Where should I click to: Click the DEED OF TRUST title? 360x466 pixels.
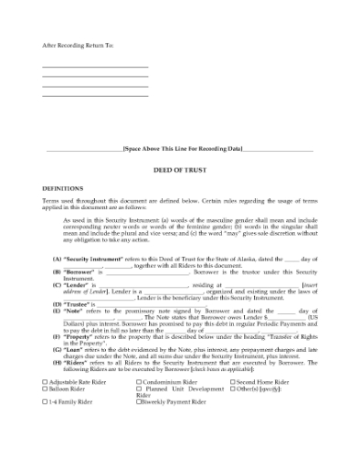180,170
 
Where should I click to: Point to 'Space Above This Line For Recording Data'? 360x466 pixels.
182,148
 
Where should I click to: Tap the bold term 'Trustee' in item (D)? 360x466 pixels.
73,302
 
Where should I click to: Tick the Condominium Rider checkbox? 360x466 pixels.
139,380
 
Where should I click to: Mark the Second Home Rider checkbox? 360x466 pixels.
233,380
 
